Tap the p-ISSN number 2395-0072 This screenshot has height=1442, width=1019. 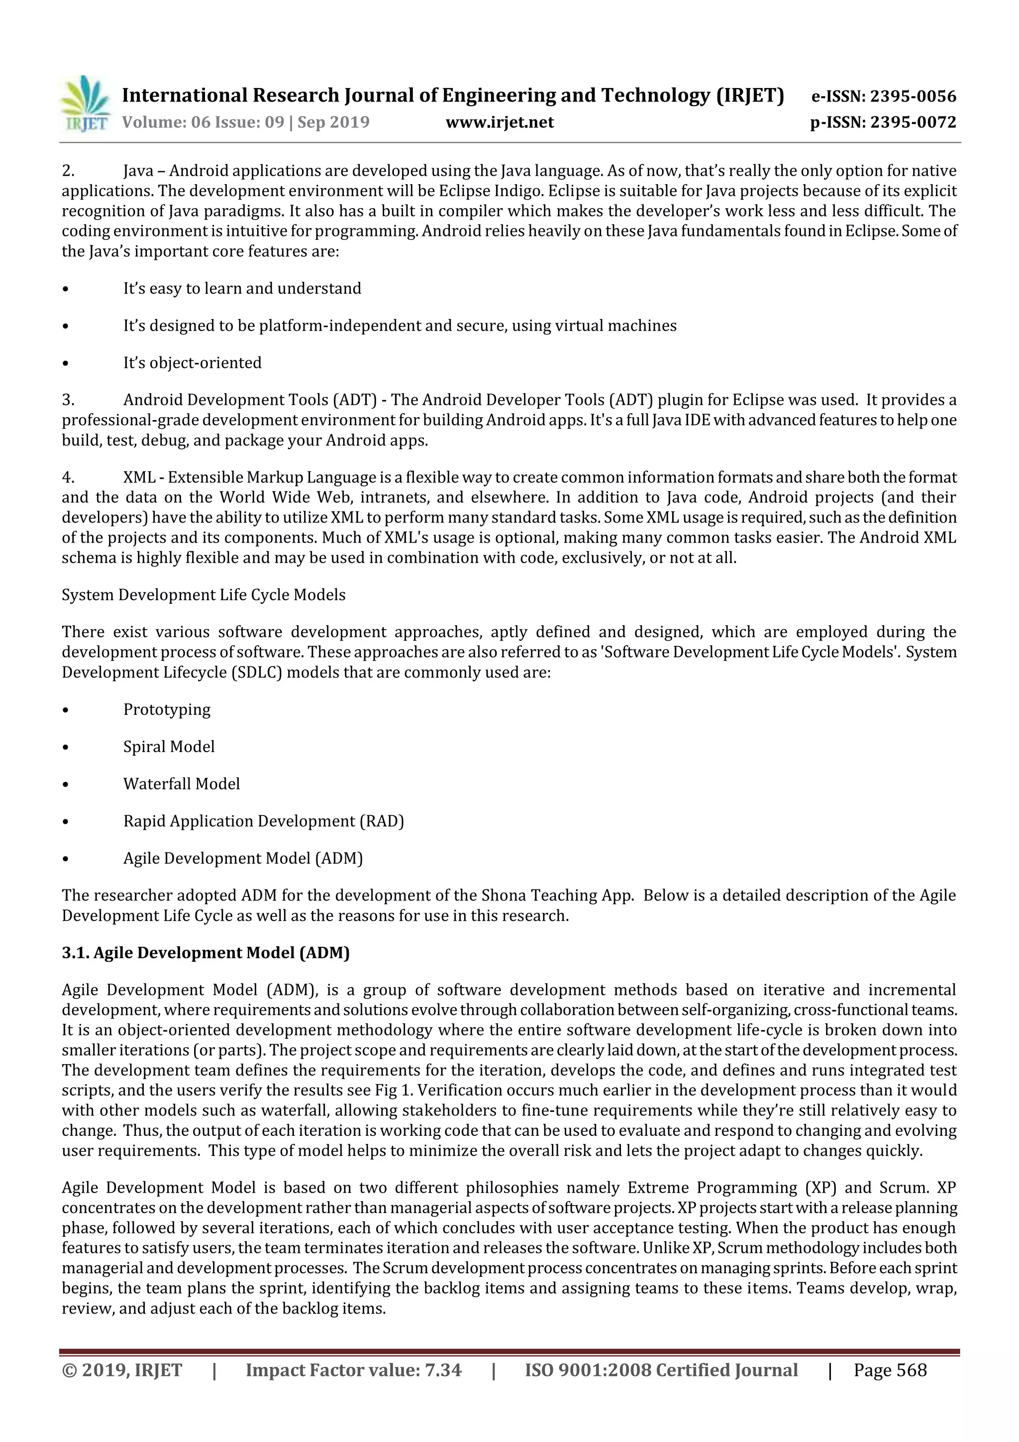point(912,122)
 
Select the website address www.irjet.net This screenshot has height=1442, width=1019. point(500,122)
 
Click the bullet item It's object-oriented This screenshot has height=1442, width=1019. point(192,363)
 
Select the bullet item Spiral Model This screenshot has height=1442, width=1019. point(169,747)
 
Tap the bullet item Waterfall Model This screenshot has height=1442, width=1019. point(182,784)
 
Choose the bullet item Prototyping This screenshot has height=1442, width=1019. point(167,710)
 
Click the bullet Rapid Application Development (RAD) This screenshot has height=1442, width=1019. point(264,821)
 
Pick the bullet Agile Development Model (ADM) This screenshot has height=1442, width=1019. point(243,859)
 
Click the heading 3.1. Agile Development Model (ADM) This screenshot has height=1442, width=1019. point(206,953)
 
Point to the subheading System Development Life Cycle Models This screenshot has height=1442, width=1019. point(204,595)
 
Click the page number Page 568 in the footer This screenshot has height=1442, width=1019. point(890,1370)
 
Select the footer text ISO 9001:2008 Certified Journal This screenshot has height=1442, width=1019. point(661,1370)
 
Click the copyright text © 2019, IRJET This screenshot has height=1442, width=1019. point(122,1370)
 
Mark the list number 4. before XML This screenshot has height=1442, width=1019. point(68,477)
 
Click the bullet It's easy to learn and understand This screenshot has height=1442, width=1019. point(242,289)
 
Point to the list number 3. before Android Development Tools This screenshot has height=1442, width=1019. point(68,400)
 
